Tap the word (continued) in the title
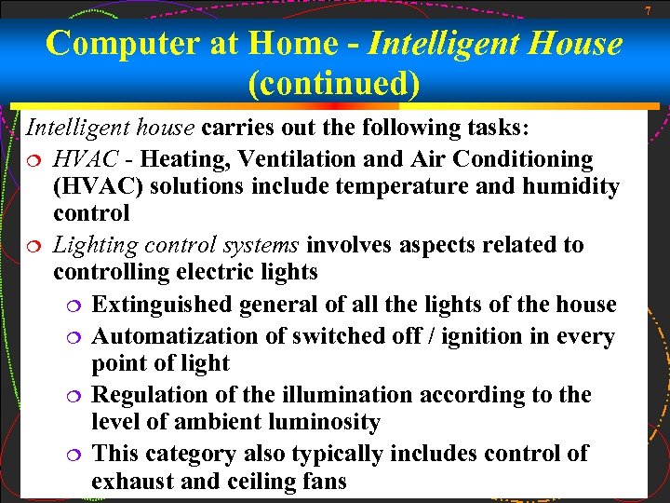point(334,84)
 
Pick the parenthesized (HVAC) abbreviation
point(97,186)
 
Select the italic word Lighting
point(90,246)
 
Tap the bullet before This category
point(73,455)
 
